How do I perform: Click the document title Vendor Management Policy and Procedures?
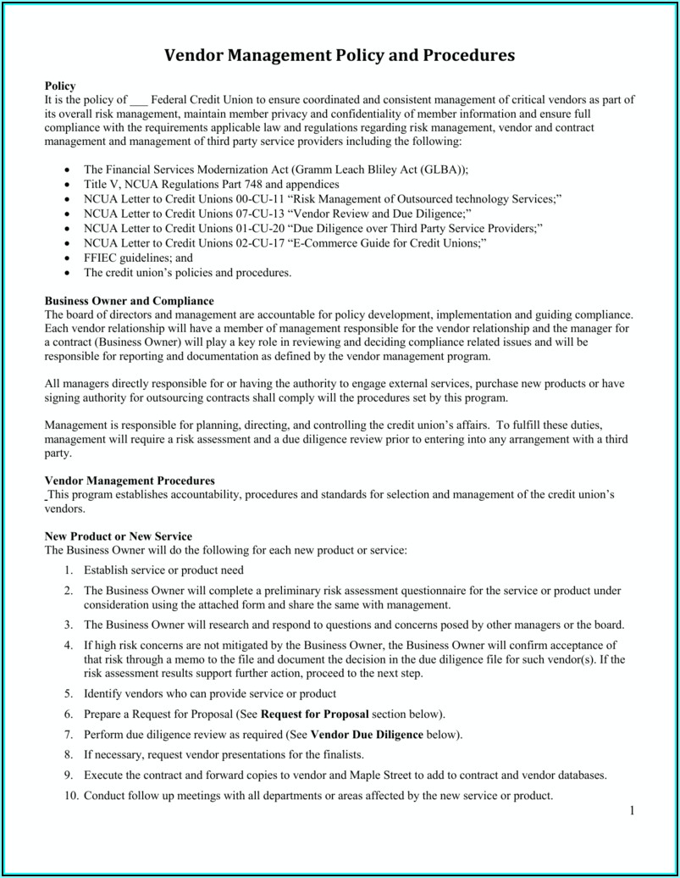pyautogui.click(x=340, y=56)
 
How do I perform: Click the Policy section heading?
pyautogui.click(x=60, y=86)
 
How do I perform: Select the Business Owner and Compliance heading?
pyautogui.click(x=129, y=301)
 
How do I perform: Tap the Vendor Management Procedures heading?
pyautogui.click(x=130, y=481)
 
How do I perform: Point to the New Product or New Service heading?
pyautogui.click(x=118, y=536)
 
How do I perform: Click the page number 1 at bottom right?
pyautogui.click(x=631, y=811)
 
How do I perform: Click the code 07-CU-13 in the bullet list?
pyautogui.click(x=262, y=214)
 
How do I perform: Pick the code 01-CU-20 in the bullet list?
pyautogui.click(x=262, y=229)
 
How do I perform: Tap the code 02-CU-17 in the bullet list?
pyautogui.click(x=262, y=243)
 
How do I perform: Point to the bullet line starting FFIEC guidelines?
pyautogui.click(x=138, y=258)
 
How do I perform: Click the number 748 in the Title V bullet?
pyautogui.click(x=257, y=184)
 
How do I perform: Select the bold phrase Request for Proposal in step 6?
pyautogui.click(x=316, y=714)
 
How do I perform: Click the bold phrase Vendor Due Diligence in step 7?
pyautogui.click(x=367, y=734)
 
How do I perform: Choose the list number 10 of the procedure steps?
pyautogui.click(x=70, y=796)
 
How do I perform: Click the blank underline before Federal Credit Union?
pyautogui.click(x=139, y=100)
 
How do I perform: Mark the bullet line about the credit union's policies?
pyautogui.click(x=187, y=273)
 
